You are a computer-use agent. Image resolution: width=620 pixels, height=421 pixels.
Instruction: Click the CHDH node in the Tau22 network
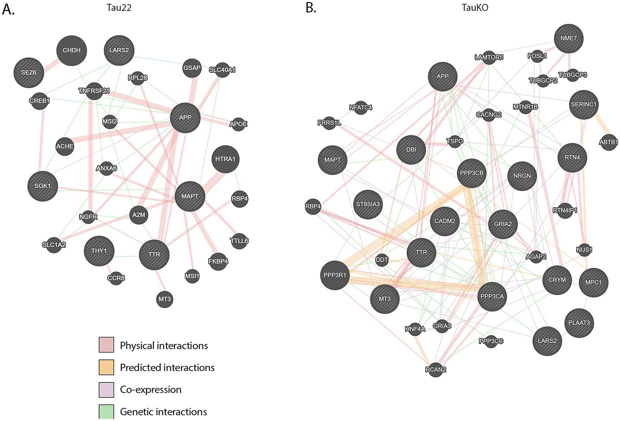click(72, 50)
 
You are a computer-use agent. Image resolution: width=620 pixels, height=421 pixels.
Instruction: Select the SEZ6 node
click(29, 73)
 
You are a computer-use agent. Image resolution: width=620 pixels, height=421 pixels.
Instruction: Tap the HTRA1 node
click(225, 159)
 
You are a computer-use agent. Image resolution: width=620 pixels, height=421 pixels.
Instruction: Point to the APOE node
click(238, 124)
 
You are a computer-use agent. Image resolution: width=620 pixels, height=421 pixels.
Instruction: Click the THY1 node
click(99, 251)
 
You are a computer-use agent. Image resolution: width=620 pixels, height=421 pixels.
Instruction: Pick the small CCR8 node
click(116, 278)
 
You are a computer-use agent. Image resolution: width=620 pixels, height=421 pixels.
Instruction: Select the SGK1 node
click(43, 186)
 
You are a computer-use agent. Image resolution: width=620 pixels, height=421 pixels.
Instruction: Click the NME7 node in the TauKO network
click(568, 38)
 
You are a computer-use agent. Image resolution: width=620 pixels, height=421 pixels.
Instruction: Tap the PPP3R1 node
click(335, 275)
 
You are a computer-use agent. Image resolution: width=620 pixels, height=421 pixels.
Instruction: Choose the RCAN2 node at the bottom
click(435, 370)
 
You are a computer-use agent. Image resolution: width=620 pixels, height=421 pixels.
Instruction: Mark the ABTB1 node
click(608, 142)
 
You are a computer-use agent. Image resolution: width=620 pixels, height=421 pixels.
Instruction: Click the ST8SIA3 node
click(368, 204)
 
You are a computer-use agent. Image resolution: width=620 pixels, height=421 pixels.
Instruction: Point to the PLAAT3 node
click(579, 323)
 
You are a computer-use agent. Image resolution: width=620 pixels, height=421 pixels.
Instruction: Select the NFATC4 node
click(361, 107)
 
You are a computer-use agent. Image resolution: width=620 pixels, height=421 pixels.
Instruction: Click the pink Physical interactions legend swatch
click(106, 345)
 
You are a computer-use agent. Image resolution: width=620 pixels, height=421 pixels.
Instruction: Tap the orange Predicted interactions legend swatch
click(106, 367)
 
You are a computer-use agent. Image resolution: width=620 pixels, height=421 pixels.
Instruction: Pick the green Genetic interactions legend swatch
click(106, 411)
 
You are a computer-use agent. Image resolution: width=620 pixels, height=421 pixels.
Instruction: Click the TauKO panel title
click(475, 8)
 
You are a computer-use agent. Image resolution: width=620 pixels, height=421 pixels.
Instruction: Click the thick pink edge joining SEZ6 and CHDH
click(49, 62)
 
